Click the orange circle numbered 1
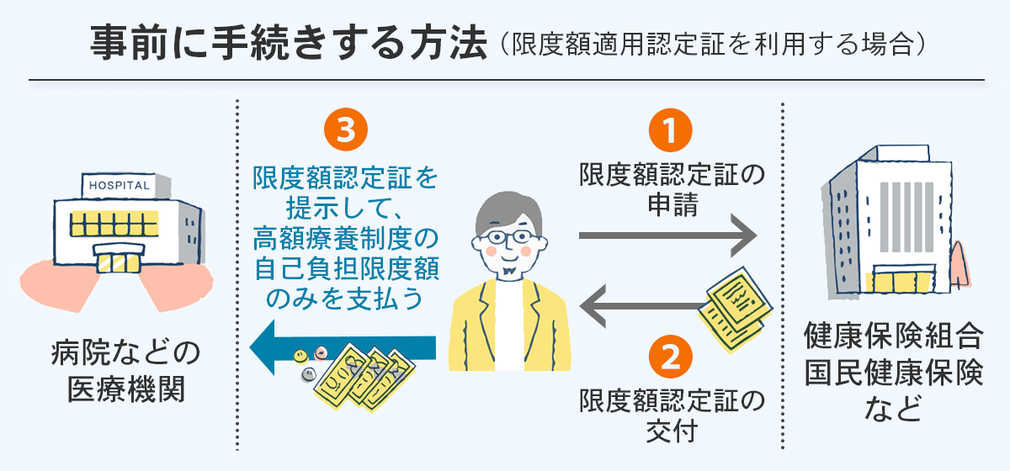pos(671,132)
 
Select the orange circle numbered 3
pos(346,132)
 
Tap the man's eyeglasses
pos(506,235)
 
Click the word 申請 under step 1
pos(672,205)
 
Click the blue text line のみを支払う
pos(345,299)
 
